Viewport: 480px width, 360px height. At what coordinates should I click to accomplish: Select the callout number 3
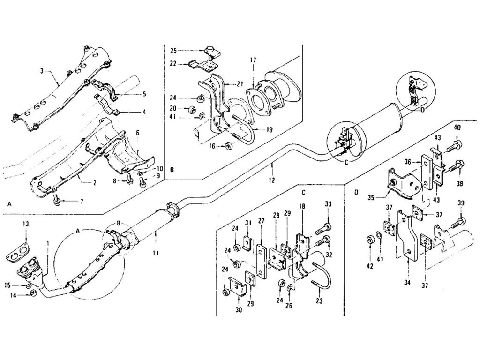pyautogui.click(x=42, y=71)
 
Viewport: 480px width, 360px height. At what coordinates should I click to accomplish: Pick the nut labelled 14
pyautogui.click(x=33, y=293)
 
